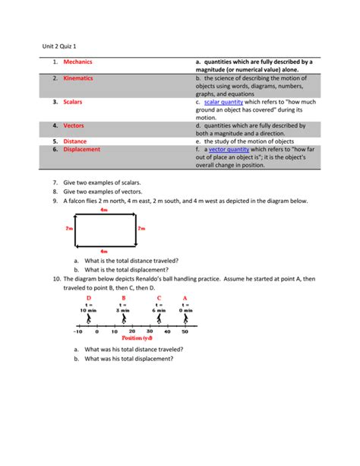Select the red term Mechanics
[x=79, y=62]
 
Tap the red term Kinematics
[x=80, y=78]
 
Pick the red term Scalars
[x=74, y=101]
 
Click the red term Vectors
[x=74, y=125]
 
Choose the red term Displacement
[x=84, y=150]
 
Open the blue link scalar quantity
[x=225, y=101]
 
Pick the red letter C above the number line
[x=159, y=298]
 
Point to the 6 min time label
[x=159, y=311]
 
